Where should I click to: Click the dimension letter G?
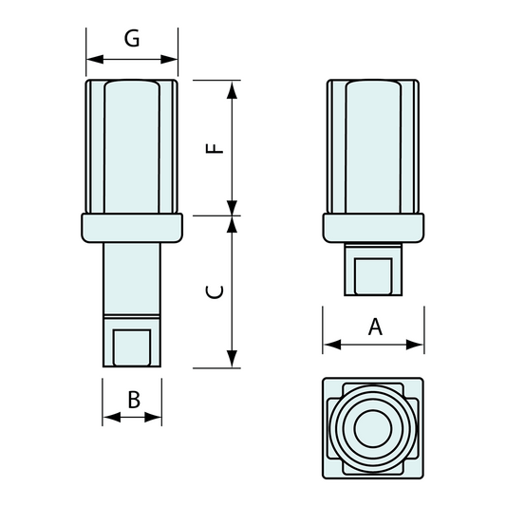(132, 38)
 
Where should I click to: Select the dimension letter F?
(215, 148)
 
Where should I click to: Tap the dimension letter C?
(215, 292)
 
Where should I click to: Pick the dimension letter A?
(375, 327)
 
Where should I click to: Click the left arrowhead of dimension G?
(95, 60)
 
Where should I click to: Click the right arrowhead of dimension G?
(169, 60)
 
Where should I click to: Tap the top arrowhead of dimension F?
(232, 89)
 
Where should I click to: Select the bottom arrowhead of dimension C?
(232, 359)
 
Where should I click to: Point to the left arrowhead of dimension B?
(112, 417)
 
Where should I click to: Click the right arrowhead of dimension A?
(415, 345)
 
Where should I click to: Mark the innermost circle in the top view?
(373, 428)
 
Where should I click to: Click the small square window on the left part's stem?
(132, 347)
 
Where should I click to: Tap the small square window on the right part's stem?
(373, 276)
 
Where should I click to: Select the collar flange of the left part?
(132, 228)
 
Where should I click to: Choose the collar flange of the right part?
(373, 228)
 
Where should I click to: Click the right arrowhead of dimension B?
(153, 417)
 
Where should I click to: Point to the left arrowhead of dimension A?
(332, 345)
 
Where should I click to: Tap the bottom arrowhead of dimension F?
(232, 208)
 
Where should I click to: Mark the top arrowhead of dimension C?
(232, 224)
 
